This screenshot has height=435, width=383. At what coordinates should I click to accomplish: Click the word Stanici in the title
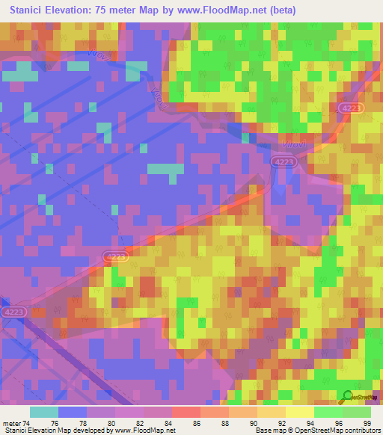click(30, 10)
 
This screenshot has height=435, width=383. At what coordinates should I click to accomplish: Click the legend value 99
click(367, 422)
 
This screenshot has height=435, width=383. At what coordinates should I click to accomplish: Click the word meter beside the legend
click(13, 422)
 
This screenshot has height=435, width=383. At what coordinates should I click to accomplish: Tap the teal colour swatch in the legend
click(44, 412)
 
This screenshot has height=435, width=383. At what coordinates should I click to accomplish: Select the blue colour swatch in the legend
click(73, 412)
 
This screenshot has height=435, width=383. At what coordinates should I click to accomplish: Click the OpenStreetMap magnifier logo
click(346, 396)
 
